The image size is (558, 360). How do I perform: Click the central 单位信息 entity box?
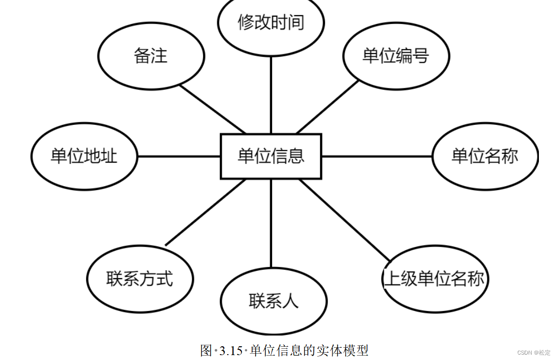pyautogui.click(x=271, y=156)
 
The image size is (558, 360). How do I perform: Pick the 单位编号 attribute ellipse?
pyautogui.click(x=395, y=56)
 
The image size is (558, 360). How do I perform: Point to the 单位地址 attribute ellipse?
pyautogui.click(x=84, y=156)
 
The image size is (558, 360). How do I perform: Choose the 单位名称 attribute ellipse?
pyautogui.click(x=485, y=156)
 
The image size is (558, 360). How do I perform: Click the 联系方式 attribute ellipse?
pyautogui.click(x=139, y=279)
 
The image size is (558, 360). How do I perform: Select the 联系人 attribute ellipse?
pyautogui.click(x=273, y=301)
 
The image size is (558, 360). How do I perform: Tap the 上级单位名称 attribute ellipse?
pyautogui.click(x=435, y=279)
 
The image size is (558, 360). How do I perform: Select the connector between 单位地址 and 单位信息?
pyautogui.click(x=179, y=157)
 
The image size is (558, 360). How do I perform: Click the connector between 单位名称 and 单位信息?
pyautogui.click(x=377, y=157)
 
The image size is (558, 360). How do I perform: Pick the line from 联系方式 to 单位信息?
pyautogui.click(x=206, y=212)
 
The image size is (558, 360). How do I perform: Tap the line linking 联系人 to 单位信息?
pyautogui.click(x=271, y=223)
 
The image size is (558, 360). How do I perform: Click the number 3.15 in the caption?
pyautogui.click(x=231, y=351)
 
